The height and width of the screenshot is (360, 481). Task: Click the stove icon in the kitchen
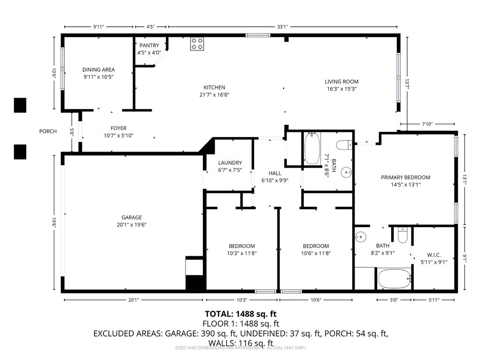coord(197,44)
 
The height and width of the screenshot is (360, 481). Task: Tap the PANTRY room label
coord(149,46)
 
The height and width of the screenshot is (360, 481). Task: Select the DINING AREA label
coord(99,69)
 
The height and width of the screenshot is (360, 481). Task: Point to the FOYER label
coord(118,128)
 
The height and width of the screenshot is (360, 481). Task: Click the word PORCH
coord(48,131)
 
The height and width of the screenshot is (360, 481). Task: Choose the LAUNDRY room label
coord(230,163)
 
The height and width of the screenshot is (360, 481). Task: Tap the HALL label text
coord(275,173)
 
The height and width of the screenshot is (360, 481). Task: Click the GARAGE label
coord(132,217)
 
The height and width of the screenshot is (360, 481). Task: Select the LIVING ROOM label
coord(342,82)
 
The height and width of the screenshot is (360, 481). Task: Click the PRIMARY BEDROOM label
coord(405,177)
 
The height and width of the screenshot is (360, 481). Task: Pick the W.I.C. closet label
coord(434,255)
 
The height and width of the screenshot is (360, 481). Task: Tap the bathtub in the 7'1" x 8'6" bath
coord(312,149)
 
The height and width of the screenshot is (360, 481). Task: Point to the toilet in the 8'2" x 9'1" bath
coord(402,234)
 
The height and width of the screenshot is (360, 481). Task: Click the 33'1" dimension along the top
coord(282,27)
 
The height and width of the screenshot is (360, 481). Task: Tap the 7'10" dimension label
coord(427,124)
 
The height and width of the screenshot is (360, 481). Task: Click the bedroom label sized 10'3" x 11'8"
coord(242,246)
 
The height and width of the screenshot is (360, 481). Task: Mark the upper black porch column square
coord(20,105)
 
